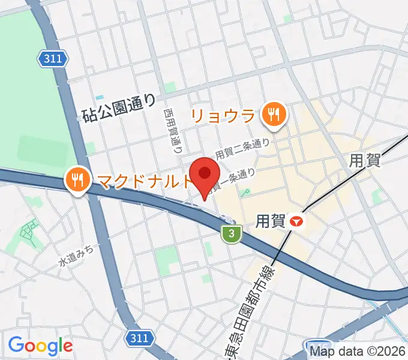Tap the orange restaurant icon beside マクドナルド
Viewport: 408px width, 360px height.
tap(77, 178)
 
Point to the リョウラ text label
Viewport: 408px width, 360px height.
tap(223, 115)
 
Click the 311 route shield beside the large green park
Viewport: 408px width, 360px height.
tap(53, 58)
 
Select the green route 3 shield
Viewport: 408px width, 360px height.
tap(230, 234)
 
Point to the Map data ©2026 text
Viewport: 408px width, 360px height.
tap(358, 352)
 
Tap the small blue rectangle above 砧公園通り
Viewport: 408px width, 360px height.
tap(100, 97)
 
